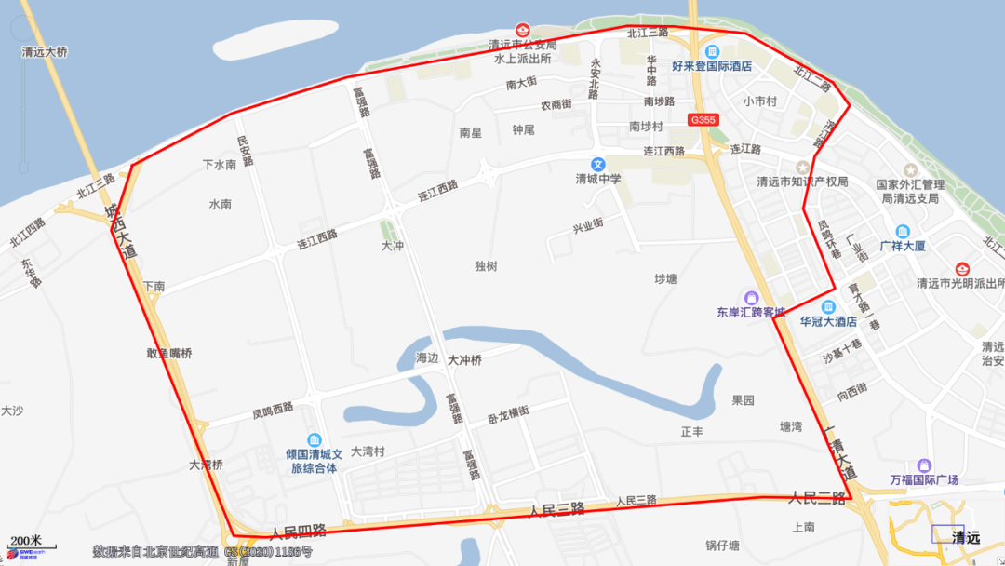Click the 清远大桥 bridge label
(45, 52)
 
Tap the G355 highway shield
(703, 120)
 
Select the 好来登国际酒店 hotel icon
(712, 51)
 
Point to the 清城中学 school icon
(598, 164)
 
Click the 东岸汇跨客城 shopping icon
(751, 298)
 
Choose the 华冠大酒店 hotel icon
(828, 306)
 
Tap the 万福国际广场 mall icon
(923, 465)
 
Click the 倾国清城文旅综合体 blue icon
(315, 439)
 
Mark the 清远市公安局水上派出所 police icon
(523, 30)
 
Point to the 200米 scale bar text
(25, 540)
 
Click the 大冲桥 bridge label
(464, 360)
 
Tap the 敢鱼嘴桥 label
(168, 353)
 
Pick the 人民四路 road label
(298, 532)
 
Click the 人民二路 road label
(817, 497)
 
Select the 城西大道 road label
(120, 232)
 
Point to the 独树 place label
(486, 266)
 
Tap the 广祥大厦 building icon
(902, 231)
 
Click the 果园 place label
(743, 400)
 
